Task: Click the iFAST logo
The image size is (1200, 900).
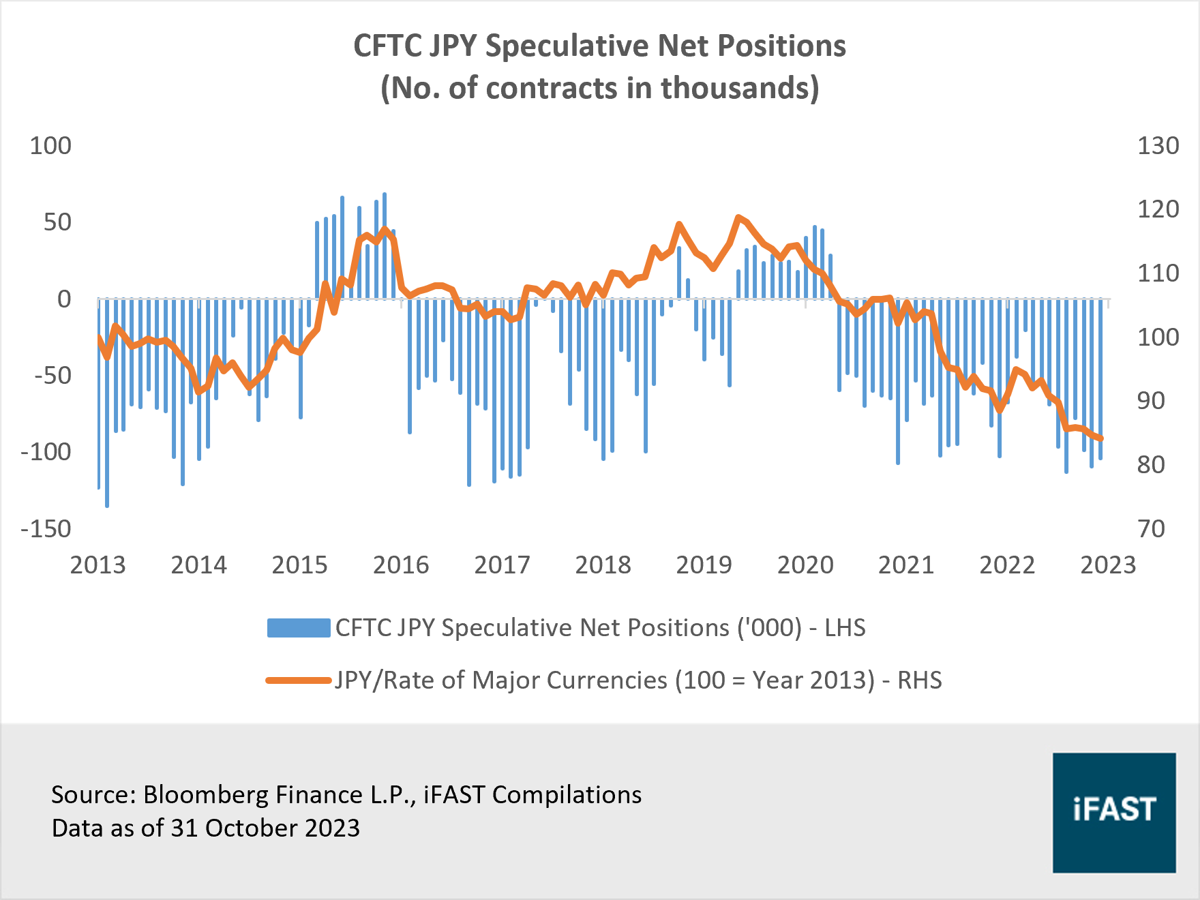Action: (1113, 812)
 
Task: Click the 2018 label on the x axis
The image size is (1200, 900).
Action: (603, 565)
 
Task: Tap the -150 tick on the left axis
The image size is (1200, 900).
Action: (46, 529)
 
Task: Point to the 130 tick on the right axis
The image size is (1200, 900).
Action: (1158, 146)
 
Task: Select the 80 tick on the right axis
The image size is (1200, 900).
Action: (1151, 465)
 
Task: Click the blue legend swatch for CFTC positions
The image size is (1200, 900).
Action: (299, 628)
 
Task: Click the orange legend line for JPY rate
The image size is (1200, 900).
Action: (299, 680)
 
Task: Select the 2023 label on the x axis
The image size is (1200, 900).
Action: (1108, 565)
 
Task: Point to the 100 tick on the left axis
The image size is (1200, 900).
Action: (50, 146)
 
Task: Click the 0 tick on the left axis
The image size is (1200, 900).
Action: (64, 299)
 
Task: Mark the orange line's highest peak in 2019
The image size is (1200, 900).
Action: (738, 217)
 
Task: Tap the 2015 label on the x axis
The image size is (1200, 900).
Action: (299, 565)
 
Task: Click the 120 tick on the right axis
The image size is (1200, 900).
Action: (1158, 209)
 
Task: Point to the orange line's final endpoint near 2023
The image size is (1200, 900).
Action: (1101, 439)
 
